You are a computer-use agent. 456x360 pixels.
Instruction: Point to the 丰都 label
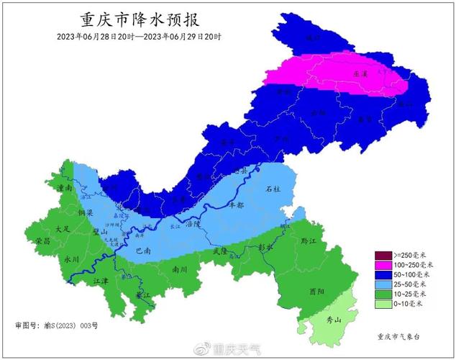click(x=236, y=205)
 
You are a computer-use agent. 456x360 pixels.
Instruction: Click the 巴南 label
click(x=142, y=252)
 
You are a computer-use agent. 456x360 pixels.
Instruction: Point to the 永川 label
click(x=70, y=257)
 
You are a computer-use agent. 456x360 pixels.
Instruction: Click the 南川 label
click(x=180, y=269)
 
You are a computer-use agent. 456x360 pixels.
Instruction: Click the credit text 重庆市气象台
click(x=401, y=336)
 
